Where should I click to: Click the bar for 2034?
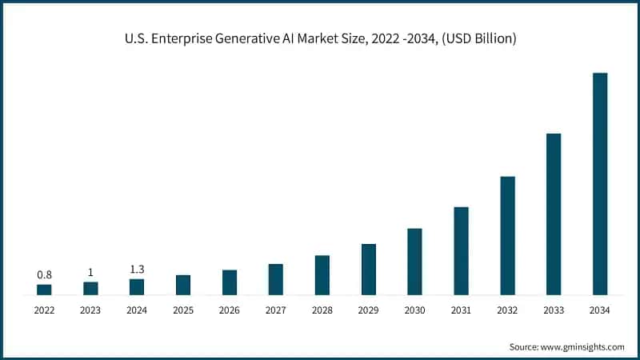pos(599,184)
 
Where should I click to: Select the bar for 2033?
pos(554,214)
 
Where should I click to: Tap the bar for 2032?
pos(507,236)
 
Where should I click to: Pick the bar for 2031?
pos(461,251)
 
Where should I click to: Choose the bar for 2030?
pos(414,262)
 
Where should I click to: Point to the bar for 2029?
pos(368,270)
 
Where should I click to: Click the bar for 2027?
pos(275,279)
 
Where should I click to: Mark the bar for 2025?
pos(183,285)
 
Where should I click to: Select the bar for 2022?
pos(44,290)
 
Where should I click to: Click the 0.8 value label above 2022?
pos(44,274)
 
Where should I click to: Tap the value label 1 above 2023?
pos(90,272)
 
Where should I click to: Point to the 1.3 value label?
pos(137,269)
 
